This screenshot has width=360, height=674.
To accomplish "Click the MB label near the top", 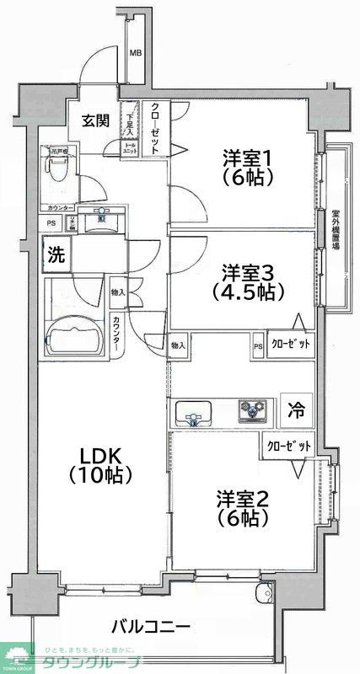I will click(135, 55).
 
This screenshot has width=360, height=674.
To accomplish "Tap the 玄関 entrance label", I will click(95, 120).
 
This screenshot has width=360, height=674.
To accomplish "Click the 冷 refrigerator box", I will click(296, 410).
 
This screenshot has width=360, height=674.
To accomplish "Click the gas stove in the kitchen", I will click(253, 411).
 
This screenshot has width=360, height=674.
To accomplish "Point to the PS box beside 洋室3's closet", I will click(257, 344).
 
